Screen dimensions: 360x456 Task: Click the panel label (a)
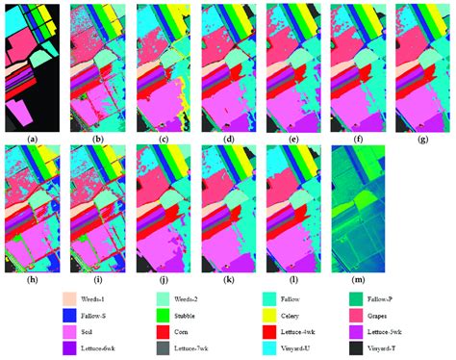[34, 137]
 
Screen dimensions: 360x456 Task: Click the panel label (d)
[228, 137]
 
